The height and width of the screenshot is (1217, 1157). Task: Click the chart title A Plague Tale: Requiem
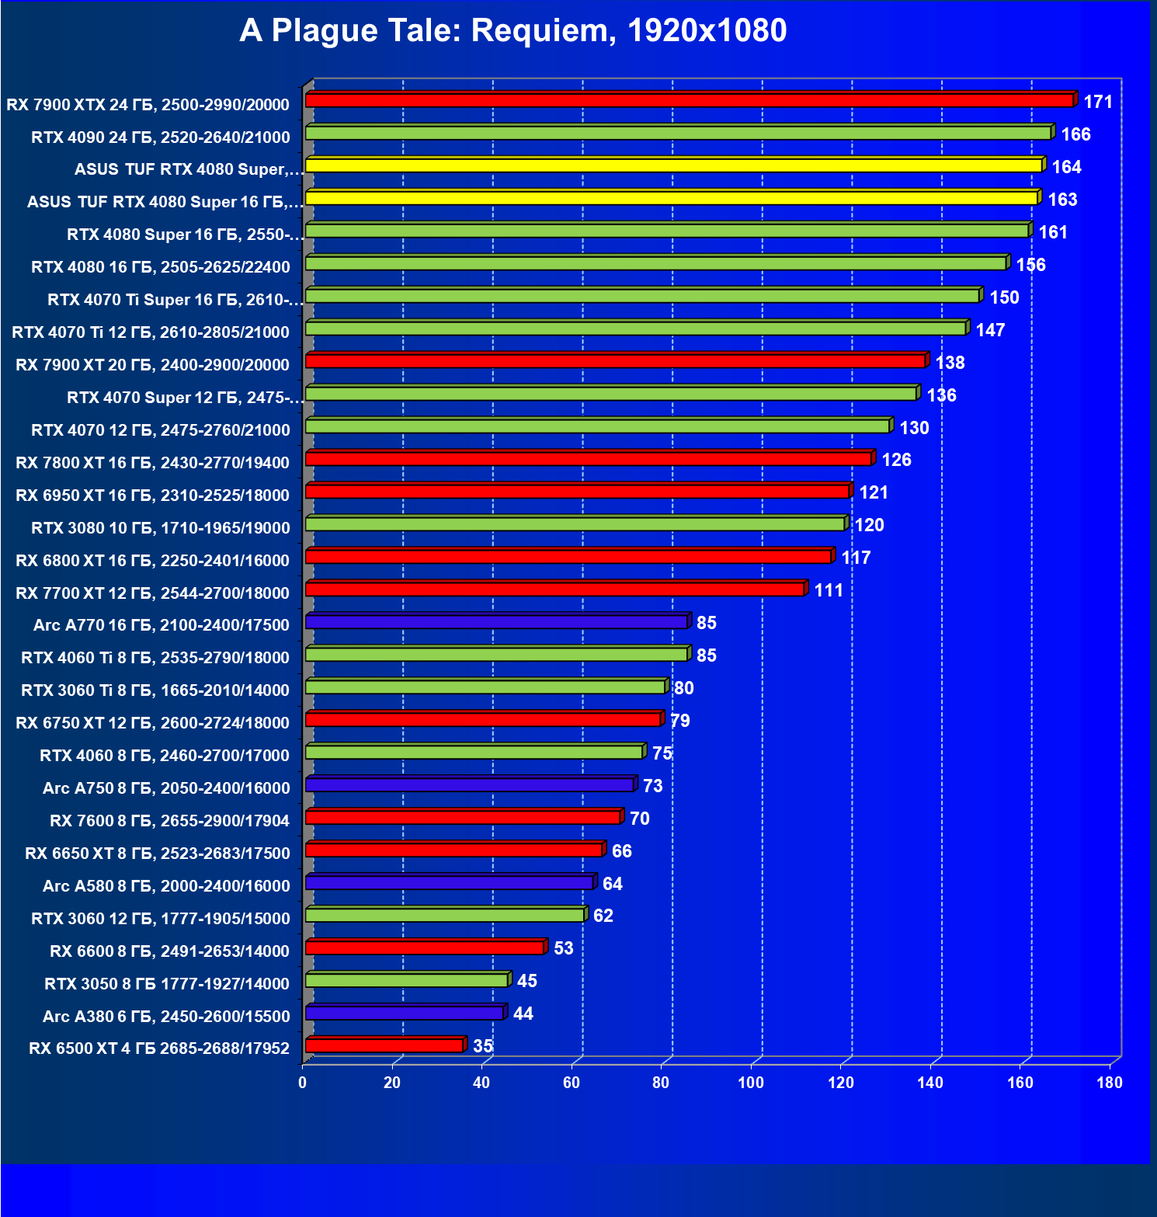[512, 31]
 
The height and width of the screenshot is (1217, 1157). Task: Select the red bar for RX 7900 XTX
[690, 100]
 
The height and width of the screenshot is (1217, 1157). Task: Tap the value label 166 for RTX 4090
[1075, 135]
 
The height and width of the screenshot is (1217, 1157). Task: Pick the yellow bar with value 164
[673, 165]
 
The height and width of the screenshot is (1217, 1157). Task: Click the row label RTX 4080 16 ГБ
[161, 267]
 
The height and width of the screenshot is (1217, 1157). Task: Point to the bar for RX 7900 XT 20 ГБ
[615, 361]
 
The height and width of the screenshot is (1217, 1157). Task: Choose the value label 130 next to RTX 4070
[914, 428]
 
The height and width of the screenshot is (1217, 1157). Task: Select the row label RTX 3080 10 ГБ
[161, 528]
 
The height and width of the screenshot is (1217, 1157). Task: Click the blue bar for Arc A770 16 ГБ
[496, 622]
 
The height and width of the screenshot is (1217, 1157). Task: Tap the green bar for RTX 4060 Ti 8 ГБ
[496, 655]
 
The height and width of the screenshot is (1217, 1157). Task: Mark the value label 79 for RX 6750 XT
[680, 721]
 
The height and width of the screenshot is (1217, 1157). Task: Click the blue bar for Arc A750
[470, 785]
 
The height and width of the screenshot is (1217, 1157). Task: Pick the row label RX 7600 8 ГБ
[169, 821]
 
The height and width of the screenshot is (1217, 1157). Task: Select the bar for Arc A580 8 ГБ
[450, 883]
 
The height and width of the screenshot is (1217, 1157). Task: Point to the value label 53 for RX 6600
[563, 948]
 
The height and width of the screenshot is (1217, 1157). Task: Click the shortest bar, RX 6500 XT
[384, 1046]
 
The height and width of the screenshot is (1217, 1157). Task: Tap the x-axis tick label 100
[751, 1083]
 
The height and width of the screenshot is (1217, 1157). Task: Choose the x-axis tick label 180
[1110, 1083]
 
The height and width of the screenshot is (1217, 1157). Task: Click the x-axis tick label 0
[303, 1083]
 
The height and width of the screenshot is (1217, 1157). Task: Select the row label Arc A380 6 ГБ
[166, 1017]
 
